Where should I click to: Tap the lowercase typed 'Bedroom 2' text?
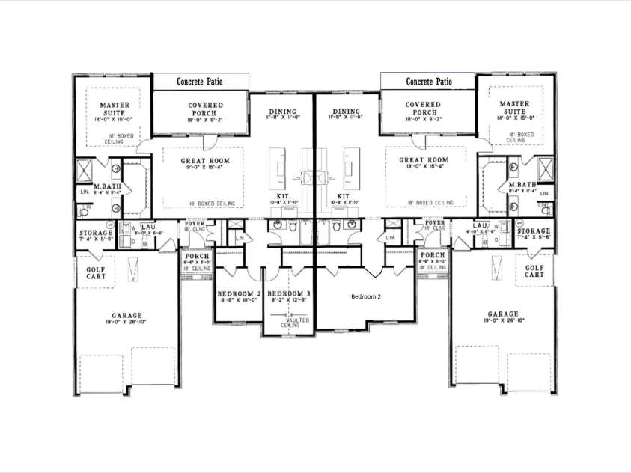[366, 296]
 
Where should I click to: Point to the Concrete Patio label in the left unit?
[201, 82]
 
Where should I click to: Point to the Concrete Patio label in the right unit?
[429, 82]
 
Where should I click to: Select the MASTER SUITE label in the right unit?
[514, 109]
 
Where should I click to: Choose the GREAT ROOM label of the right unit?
[423, 161]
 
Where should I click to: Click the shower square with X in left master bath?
[86, 167]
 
